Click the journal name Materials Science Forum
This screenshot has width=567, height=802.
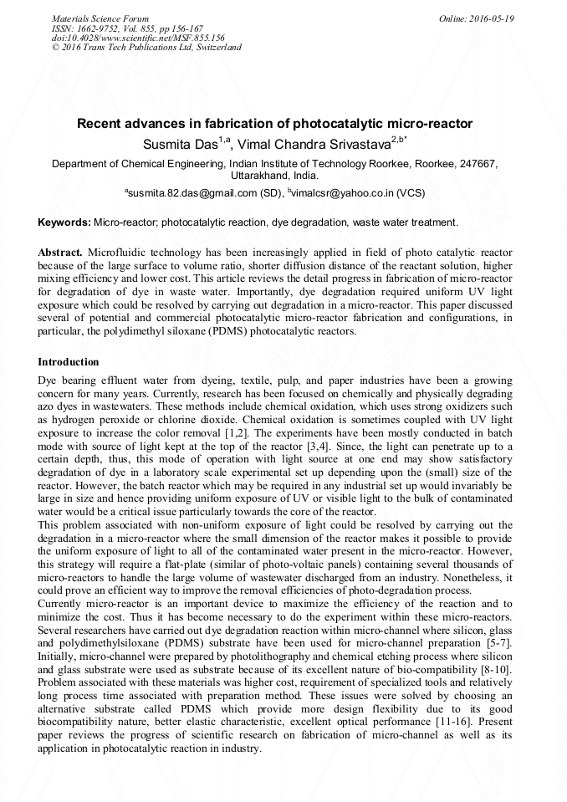click(100, 18)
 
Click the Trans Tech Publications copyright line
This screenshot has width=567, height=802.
click(146, 48)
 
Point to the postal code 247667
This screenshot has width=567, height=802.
click(477, 164)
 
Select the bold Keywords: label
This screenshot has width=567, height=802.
click(64, 222)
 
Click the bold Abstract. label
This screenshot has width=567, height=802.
click(60, 252)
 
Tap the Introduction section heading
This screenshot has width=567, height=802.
click(69, 362)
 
